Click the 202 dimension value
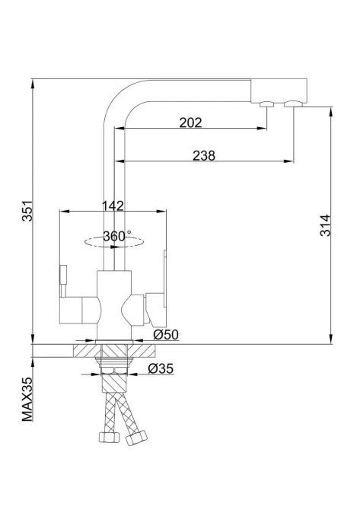click(190, 123)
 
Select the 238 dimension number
click(204, 155)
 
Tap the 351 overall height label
click(27, 211)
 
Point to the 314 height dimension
click(325, 225)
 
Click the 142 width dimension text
click(113, 206)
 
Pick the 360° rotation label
click(117, 236)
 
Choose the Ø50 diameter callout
click(166, 334)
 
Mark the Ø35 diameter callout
click(161, 368)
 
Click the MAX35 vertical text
click(27, 400)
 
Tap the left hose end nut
click(109, 436)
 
